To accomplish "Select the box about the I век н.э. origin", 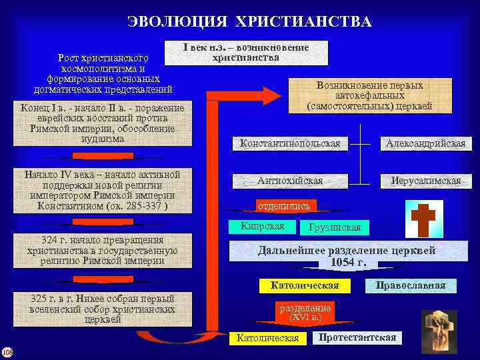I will pos(246,53).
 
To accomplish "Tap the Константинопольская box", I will pos(290,143).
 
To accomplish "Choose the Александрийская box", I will pos(425,143).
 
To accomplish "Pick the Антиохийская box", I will pos(290,181).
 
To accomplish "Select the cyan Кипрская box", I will pos(262,226).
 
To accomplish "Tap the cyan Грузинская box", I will pos(335,227).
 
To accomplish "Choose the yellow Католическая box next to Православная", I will pos(305,285).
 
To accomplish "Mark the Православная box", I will pos(410,285).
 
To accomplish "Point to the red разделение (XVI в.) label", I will pos(305,313).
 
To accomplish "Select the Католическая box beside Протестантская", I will pos(267,338).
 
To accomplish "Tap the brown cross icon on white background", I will pos(424,219).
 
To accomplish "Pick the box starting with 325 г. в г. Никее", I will pos(102,309).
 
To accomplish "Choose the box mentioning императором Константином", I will pos(102,191).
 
